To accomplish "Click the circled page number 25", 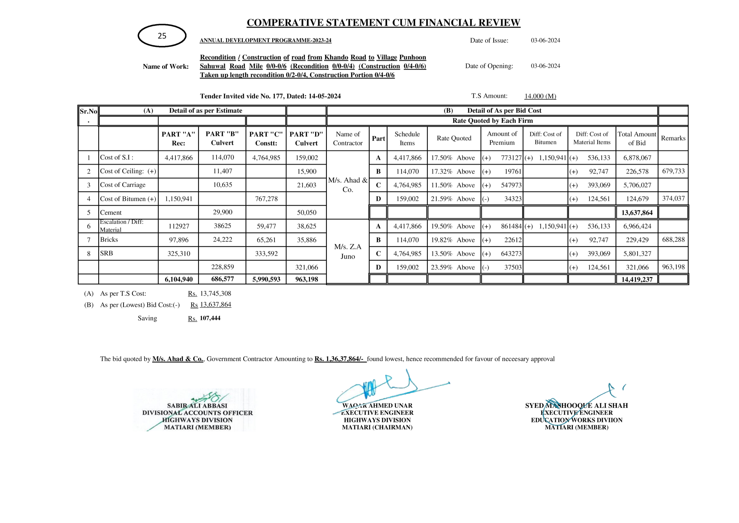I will [x=162, y=36].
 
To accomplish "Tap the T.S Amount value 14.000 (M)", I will [x=540, y=96].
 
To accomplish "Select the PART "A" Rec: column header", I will [x=178, y=139].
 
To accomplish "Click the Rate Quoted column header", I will [x=454, y=138].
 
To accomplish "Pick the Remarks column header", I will [x=673, y=138].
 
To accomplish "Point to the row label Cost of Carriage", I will [x=123, y=185].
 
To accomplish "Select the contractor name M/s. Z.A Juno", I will [x=348, y=251].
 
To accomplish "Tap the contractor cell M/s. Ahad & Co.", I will [x=348, y=185].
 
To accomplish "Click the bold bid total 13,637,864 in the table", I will [x=637, y=213].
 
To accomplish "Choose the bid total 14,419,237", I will [x=637, y=279].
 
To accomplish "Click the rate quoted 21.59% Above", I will [x=452, y=199].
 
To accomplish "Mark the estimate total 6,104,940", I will [x=178, y=279].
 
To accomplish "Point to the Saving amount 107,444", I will [x=210, y=318].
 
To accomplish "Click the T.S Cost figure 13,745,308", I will [x=215, y=293].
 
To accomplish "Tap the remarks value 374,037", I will [x=673, y=198].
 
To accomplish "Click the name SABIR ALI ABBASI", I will [x=197, y=406].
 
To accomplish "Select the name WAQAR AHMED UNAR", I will [x=377, y=406].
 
